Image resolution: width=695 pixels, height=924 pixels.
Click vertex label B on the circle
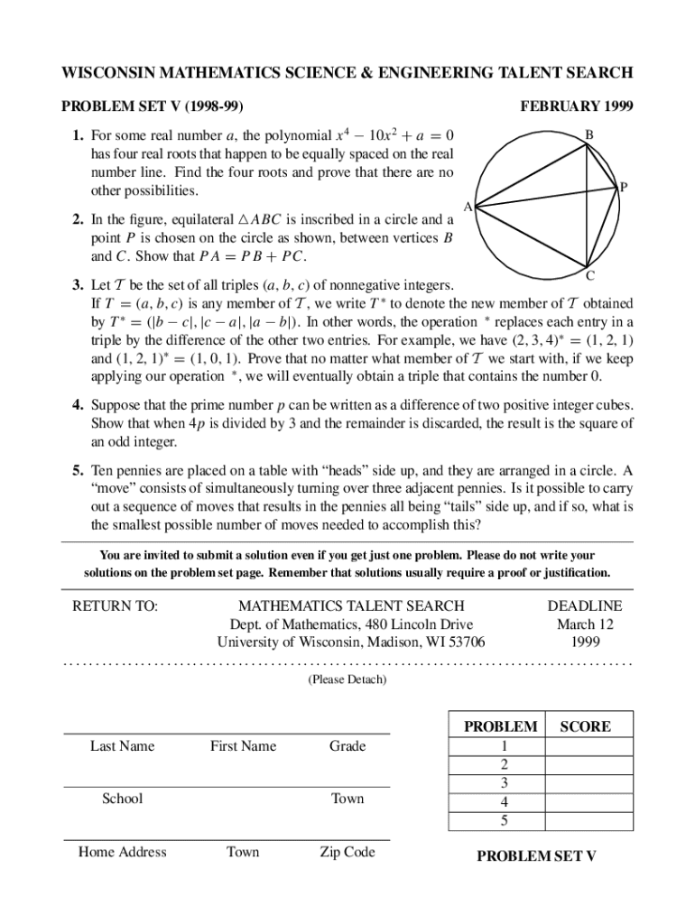588,135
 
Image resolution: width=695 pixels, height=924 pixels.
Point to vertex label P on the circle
623,188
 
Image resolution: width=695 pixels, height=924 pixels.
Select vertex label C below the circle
589,275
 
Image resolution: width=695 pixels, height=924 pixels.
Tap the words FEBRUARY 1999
577,106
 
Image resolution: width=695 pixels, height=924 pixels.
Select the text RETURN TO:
115,606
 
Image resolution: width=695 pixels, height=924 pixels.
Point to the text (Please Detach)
347,679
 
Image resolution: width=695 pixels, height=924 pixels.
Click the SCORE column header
585,726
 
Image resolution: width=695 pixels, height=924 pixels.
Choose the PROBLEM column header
500,726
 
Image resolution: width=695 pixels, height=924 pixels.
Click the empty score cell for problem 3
585,782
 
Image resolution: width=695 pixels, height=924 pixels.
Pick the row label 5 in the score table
504,820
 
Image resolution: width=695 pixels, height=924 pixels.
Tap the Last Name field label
122,746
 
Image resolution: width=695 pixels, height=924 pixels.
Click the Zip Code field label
347,852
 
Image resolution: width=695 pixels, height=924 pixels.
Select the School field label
122,799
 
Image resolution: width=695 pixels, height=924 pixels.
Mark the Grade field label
347,746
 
